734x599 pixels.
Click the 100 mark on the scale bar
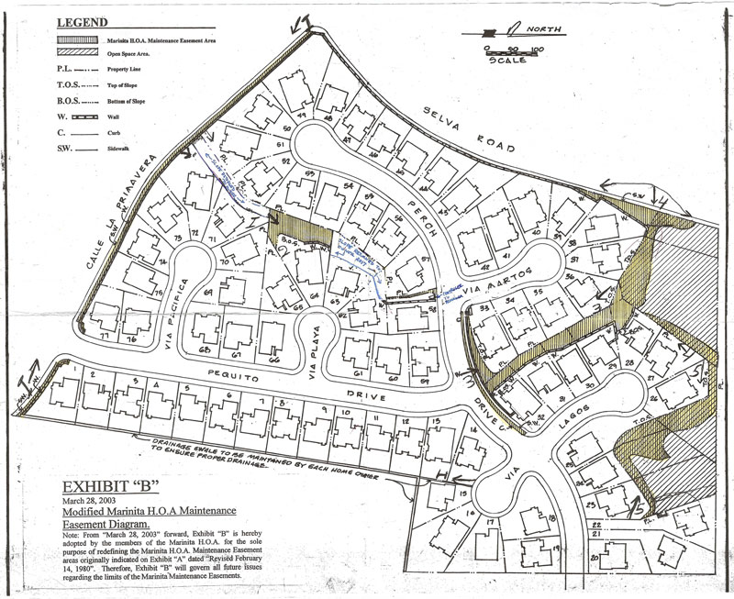click(x=537, y=49)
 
